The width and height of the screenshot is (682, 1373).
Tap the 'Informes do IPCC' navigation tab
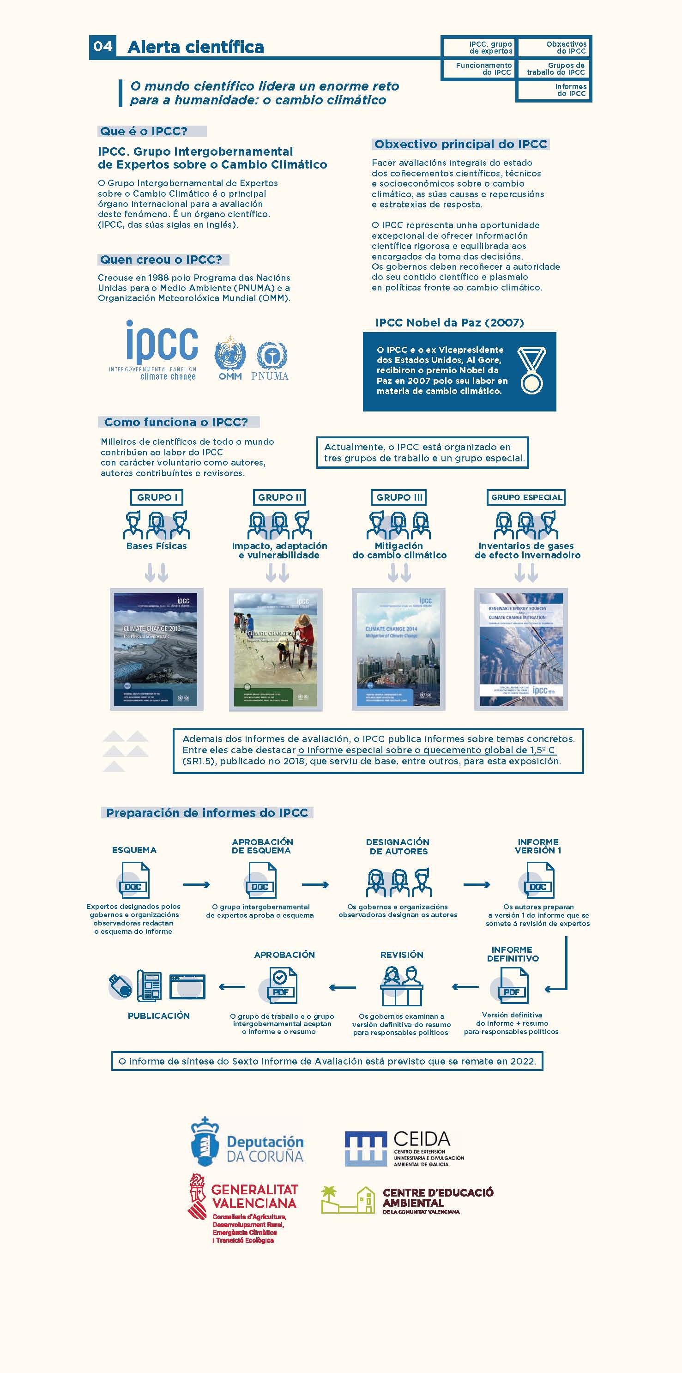click(x=554, y=90)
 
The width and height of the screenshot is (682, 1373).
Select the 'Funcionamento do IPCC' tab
click(x=478, y=69)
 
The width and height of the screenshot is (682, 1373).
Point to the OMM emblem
click(x=229, y=356)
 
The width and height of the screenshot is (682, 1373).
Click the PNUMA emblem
click(x=271, y=356)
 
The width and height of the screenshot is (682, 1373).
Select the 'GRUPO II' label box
click(x=280, y=497)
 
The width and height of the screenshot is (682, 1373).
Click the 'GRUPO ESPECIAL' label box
click(x=526, y=497)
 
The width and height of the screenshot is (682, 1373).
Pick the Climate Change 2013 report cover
click(x=156, y=649)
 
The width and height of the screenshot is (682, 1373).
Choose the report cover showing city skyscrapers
click(x=398, y=649)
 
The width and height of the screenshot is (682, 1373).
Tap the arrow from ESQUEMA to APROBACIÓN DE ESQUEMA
click(x=196, y=885)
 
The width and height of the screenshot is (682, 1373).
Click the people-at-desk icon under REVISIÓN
click(x=401, y=986)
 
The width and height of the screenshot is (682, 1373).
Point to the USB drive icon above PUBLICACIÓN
click(x=121, y=986)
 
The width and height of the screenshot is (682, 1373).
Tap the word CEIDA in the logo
click(x=422, y=1139)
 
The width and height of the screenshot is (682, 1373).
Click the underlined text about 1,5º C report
click(x=426, y=750)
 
